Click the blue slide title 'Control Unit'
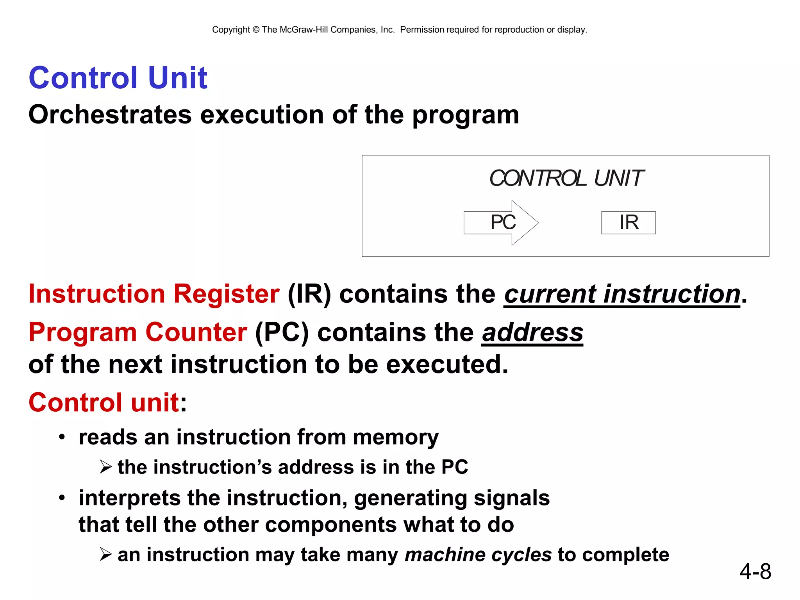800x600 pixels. click(118, 78)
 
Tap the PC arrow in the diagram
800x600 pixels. click(501, 223)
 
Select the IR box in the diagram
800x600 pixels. click(629, 223)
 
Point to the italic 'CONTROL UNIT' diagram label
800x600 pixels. click(566, 179)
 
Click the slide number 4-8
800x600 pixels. click(755, 571)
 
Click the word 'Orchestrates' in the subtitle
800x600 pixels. click(110, 115)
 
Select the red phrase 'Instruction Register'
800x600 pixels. click(154, 294)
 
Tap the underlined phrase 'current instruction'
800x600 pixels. click(622, 295)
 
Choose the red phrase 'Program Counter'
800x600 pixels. click(137, 332)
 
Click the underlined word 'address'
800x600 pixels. click(532, 333)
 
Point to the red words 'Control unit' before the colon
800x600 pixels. click(104, 403)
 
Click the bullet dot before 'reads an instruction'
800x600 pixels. click(62, 437)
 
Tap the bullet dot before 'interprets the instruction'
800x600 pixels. click(62, 498)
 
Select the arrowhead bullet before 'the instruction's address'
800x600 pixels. click(105, 467)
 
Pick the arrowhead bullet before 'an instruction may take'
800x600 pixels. click(105, 554)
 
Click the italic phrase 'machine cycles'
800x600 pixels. click(478, 555)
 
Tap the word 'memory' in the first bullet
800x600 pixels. click(395, 437)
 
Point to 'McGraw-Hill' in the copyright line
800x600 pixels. click(304, 30)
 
